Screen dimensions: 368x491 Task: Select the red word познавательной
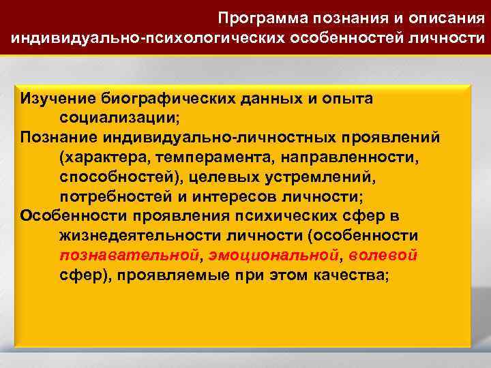click(x=130, y=256)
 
